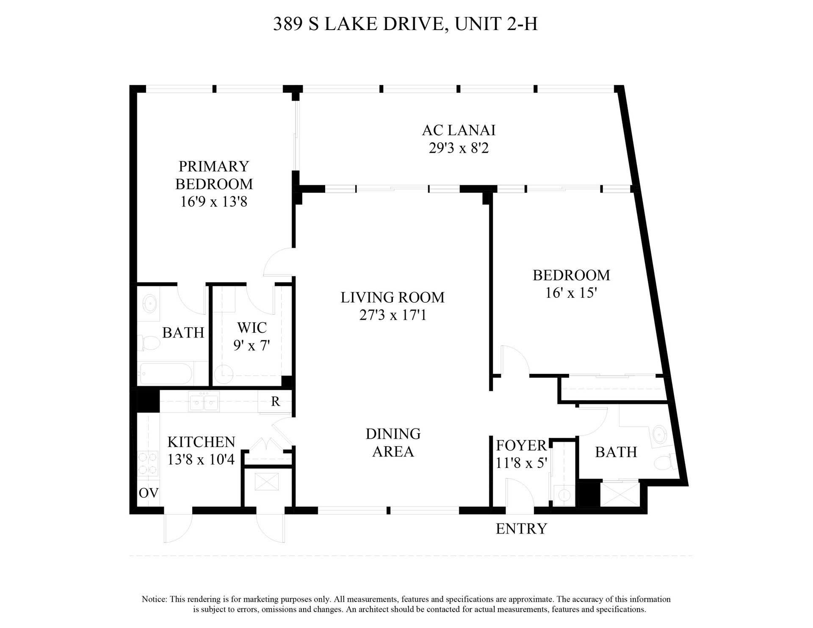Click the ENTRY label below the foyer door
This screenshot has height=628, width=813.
click(x=521, y=528)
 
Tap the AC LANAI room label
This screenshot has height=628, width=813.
click(x=459, y=130)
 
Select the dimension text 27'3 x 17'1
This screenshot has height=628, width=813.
click(x=393, y=315)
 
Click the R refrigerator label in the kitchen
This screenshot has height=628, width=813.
click(x=275, y=401)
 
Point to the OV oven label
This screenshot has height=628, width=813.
click(x=149, y=492)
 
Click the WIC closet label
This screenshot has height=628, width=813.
click(x=252, y=327)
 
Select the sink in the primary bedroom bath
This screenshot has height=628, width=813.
click(x=149, y=303)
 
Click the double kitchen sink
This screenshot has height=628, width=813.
click(x=204, y=401)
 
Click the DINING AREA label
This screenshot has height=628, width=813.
click(x=393, y=443)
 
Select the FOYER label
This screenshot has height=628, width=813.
click(x=521, y=445)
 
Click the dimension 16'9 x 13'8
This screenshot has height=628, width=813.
click(x=214, y=202)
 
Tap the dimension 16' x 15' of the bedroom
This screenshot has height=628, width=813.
click(x=571, y=293)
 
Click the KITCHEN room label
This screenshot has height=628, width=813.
click(x=201, y=442)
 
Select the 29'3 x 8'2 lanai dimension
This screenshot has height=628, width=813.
click(x=459, y=148)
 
